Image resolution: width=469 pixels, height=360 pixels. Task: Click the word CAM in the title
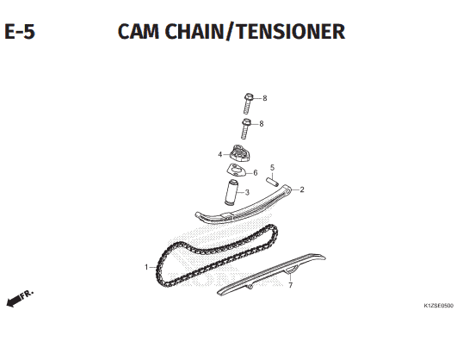139,31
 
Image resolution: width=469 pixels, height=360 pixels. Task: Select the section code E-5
20,31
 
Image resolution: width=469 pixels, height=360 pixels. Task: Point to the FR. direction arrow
20,298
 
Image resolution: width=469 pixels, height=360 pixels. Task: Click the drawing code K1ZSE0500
438,306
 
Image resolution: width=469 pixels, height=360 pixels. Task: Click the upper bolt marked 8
248,103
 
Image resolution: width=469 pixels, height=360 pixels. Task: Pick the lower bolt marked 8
245,128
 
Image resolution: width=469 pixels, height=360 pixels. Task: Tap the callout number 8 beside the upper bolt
265,98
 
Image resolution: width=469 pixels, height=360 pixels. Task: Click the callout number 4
220,155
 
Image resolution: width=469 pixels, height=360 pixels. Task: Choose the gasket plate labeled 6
237,171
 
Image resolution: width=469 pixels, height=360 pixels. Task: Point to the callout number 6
255,172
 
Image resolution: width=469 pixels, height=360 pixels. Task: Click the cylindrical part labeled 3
231,192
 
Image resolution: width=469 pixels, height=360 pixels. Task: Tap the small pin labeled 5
273,182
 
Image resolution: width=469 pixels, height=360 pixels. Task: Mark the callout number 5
272,168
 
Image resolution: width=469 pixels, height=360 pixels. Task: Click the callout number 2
302,189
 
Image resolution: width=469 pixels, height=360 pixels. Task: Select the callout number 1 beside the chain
146,267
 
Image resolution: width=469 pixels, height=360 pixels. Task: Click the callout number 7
290,285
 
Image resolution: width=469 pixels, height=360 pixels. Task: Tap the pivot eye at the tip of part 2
287,189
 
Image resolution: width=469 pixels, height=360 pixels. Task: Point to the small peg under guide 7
250,287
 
